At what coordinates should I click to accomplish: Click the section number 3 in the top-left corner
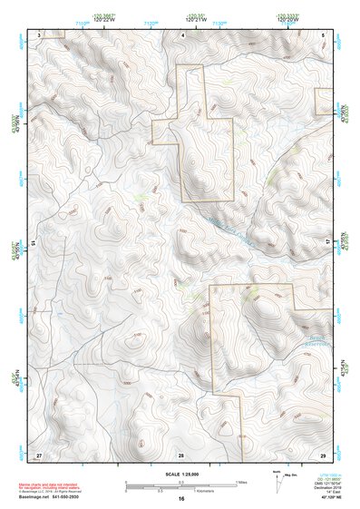click(40, 34)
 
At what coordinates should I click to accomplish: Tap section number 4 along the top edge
click(182, 34)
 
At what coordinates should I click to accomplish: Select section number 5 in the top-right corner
click(324, 34)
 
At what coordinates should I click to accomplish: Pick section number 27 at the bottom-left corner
click(39, 454)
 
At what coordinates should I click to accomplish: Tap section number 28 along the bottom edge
click(181, 454)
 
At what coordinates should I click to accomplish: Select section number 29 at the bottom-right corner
click(323, 454)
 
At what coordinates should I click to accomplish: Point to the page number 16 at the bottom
click(180, 499)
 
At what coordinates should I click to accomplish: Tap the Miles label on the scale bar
click(239, 482)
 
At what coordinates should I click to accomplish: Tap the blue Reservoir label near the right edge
click(313, 344)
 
